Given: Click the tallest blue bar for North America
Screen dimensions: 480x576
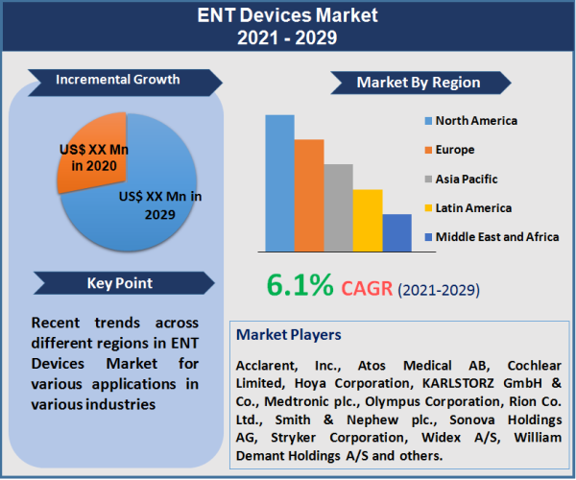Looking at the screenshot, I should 279,182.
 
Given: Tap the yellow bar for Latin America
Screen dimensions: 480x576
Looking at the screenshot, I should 368,220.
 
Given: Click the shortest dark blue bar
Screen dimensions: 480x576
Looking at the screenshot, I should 396,232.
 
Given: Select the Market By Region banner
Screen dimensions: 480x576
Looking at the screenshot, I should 419,83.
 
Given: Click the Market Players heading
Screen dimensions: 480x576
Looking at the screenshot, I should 288,335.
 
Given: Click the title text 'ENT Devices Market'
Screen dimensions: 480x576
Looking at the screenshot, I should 287,16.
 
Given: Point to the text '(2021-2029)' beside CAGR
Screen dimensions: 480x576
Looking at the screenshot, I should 439,289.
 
